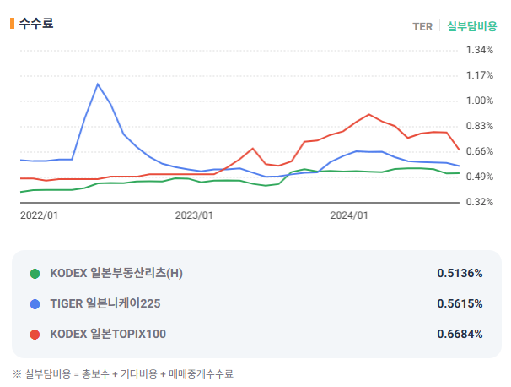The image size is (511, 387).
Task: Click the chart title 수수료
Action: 36,23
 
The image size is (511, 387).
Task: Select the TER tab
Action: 422,26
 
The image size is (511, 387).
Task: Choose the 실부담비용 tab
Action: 472,26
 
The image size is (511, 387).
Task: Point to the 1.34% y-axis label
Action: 480,50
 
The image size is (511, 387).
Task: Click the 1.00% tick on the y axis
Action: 480,101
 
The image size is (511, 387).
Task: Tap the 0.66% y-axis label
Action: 480,151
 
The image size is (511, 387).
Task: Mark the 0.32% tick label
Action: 480,202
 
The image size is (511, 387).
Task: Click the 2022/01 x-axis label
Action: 39,215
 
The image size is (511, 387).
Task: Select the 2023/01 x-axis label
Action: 194,215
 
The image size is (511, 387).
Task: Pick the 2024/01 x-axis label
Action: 349,215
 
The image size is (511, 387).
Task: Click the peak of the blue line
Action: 98,84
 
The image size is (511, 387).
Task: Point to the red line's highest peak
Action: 368,114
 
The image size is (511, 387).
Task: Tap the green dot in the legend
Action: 35,274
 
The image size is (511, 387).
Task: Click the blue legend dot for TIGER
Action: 35,304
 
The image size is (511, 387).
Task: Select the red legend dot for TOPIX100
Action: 35,335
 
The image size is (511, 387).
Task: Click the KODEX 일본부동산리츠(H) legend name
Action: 116,273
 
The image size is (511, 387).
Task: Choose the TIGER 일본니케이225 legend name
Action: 105,303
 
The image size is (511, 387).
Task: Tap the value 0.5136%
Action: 460,273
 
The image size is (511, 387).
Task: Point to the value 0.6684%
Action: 460,334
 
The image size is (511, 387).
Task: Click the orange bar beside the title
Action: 12,23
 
